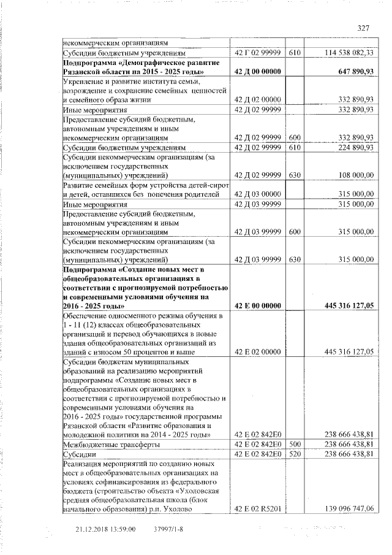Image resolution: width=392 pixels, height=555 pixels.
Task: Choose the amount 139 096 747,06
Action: pyautogui.click(x=347, y=508)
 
